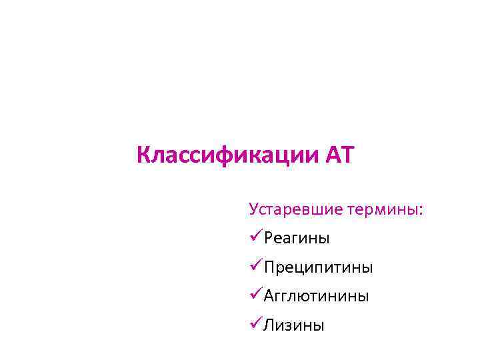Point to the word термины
click(x=383, y=209)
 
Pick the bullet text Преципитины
click(x=318, y=267)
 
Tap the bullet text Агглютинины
click(x=316, y=296)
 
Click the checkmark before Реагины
click(x=255, y=237)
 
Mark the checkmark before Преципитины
click(x=255, y=267)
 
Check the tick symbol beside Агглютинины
click(x=255, y=295)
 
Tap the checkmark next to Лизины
click(x=255, y=325)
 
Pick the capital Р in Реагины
click(x=268, y=238)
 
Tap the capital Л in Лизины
click(x=269, y=325)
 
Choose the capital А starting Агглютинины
click(x=269, y=296)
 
